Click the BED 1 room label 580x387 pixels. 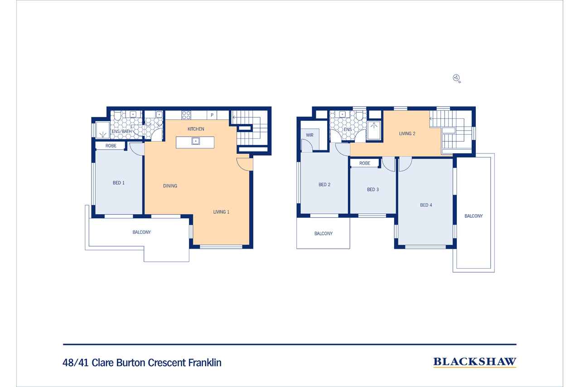119,183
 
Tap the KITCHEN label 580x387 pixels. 196,129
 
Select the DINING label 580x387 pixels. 170,186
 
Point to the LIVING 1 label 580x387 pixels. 221,212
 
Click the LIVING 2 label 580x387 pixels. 407,134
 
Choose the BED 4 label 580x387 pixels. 426,205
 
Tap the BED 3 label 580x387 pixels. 373,190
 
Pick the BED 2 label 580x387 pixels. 324,185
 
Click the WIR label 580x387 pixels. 309,135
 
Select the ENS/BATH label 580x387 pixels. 122,132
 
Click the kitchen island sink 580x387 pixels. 196,141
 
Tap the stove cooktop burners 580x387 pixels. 186,115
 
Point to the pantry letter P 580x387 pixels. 212,115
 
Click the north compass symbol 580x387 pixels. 456,78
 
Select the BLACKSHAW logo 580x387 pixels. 475,362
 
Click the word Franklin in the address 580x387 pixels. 205,363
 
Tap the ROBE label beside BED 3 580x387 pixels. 365,163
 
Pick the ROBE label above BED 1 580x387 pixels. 111,146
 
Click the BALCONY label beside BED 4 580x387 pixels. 474,216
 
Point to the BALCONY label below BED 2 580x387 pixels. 324,234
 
